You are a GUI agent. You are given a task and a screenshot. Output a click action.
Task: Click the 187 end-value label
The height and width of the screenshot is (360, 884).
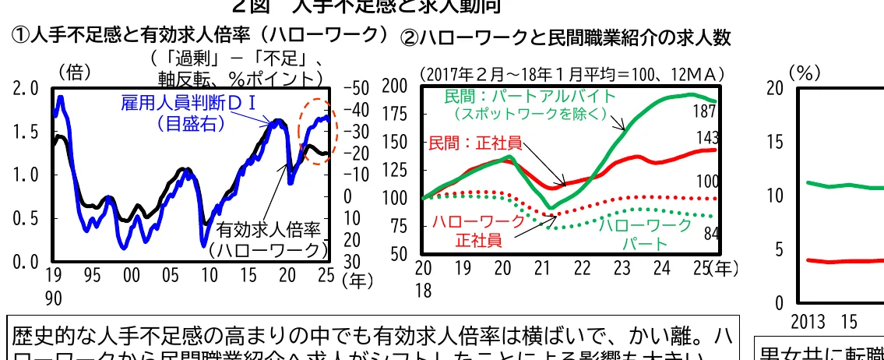(705, 112)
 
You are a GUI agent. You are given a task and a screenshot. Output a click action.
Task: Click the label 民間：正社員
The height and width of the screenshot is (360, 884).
(475, 143)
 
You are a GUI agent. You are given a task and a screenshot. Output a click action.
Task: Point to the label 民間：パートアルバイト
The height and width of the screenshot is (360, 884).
(530, 97)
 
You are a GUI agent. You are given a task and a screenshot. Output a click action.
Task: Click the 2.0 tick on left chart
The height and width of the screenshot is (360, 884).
(26, 89)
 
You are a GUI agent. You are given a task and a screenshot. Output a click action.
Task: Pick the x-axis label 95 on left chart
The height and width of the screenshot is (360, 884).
(93, 275)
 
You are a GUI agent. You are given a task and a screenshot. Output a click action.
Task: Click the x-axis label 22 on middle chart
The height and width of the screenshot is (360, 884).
(582, 269)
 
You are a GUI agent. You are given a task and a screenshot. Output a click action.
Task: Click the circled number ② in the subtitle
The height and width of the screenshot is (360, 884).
(410, 37)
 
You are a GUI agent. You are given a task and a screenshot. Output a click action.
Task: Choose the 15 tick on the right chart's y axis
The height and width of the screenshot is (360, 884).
(773, 142)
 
